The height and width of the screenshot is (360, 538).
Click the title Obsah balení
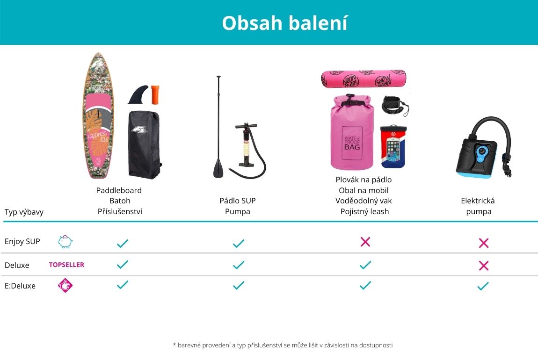[285, 23]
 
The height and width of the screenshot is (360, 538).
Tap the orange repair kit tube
[155, 94]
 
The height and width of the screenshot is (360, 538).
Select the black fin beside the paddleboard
[138, 94]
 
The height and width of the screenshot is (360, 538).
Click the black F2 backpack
[145, 144]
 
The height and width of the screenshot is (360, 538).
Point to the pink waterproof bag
[352, 132]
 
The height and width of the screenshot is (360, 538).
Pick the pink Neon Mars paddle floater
[364, 79]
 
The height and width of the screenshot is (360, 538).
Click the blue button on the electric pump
[481, 151]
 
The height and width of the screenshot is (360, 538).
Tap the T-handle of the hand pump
[246, 126]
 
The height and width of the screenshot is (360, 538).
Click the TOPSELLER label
[66, 265]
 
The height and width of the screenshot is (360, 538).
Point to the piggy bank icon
[65, 242]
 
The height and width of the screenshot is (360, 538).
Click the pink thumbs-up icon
[65, 285]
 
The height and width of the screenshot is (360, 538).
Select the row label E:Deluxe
[20, 286]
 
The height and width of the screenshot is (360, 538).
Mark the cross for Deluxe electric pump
[483, 266]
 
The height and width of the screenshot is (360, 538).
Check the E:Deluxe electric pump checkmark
[483, 286]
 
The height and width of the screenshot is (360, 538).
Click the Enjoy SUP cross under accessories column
[365, 242]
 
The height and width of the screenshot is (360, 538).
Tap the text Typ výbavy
[24, 212]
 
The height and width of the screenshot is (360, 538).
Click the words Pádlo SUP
[238, 201]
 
